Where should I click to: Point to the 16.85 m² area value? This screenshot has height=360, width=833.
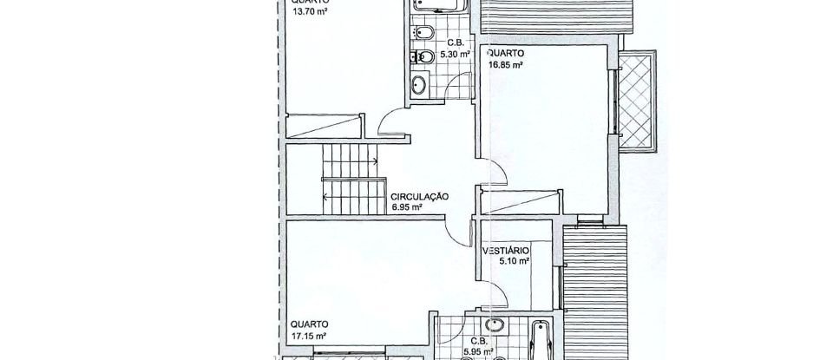click(x=506, y=63)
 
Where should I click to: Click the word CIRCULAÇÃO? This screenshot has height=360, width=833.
click(x=419, y=197)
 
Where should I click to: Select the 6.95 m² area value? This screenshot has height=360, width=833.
click(x=407, y=208)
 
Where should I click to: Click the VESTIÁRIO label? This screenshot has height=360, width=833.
click(x=506, y=252)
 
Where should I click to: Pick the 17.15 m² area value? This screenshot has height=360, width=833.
click(x=309, y=335)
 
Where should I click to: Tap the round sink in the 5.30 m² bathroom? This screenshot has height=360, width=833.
click(x=418, y=85)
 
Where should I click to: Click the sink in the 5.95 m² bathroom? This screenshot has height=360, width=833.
click(x=494, y=327)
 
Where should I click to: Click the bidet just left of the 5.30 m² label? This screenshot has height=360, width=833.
click(x=425, y=34)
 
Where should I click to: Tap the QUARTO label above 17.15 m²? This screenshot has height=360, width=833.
click(x=308, y=324)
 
